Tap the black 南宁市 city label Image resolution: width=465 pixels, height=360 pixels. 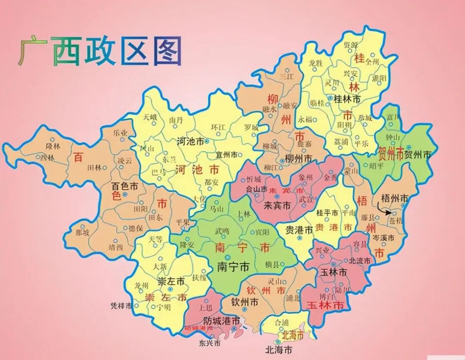pos(233,267)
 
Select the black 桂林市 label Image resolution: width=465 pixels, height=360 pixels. pos(347,99)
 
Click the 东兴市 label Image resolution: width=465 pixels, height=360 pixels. pos(210,343)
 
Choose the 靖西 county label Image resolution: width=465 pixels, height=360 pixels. pos(115,247)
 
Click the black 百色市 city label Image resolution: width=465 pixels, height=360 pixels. pos(124,187)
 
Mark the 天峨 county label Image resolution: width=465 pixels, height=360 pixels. pos(150,117)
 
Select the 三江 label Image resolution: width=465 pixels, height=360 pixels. pos(286,76)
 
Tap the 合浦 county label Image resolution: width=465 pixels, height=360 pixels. pos(282,322)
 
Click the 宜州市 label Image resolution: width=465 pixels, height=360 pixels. pos(226,154)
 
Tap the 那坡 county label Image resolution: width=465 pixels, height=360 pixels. pos(83,232)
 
